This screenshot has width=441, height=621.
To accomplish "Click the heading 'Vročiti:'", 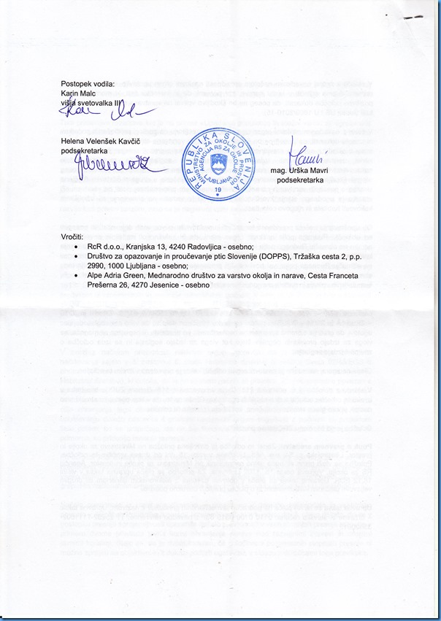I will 73,238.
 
